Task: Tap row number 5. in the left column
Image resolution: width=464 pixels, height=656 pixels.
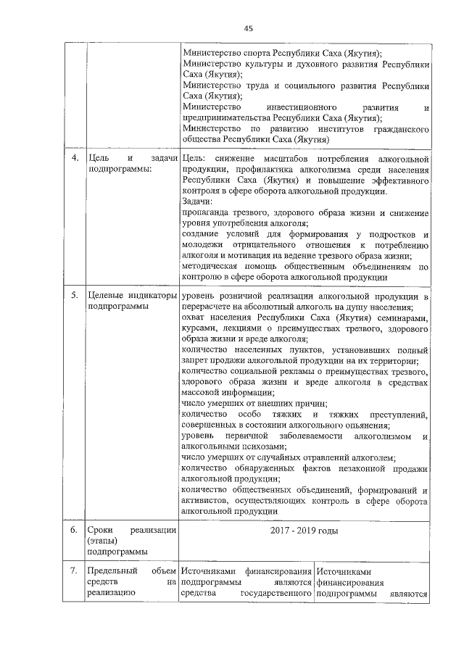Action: (x=75, y=296)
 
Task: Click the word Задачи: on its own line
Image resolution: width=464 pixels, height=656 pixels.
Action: (x=197, y=202)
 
